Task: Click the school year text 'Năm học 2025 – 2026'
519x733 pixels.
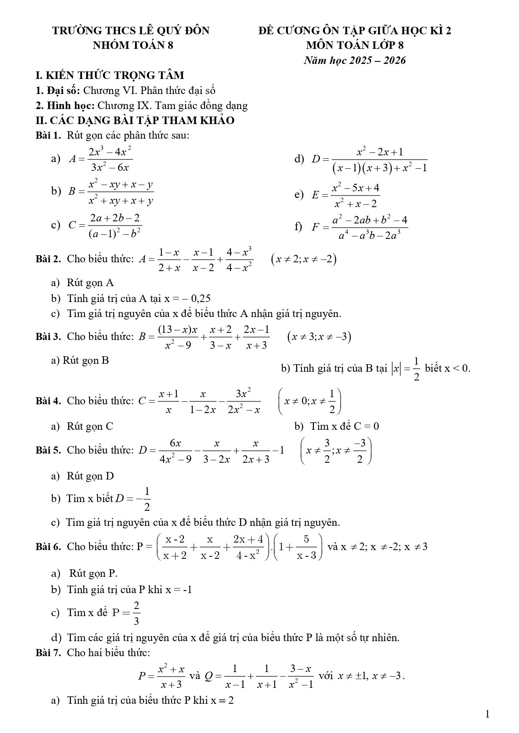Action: (355, 61)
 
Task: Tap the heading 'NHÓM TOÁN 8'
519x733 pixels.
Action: (133, 45)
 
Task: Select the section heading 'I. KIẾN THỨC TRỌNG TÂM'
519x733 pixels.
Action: (110, 76)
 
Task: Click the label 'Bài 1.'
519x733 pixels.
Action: (49, 135)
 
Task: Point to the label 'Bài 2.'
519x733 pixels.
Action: (49, 259)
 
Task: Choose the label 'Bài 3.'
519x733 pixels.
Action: (49, 337)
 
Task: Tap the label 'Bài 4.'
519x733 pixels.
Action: (49, 401)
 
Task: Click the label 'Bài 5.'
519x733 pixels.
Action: (49, 450)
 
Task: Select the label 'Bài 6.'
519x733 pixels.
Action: (49, 547)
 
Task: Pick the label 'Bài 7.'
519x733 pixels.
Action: (49, 652)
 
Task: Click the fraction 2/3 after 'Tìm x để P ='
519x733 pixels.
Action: (137, 613)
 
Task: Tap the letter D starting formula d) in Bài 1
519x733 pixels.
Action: (316, 159)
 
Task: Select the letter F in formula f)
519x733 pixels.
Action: (316, 228)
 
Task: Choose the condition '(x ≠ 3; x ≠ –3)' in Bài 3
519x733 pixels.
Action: (319, 337)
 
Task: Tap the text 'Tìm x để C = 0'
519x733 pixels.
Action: (345, 426)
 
